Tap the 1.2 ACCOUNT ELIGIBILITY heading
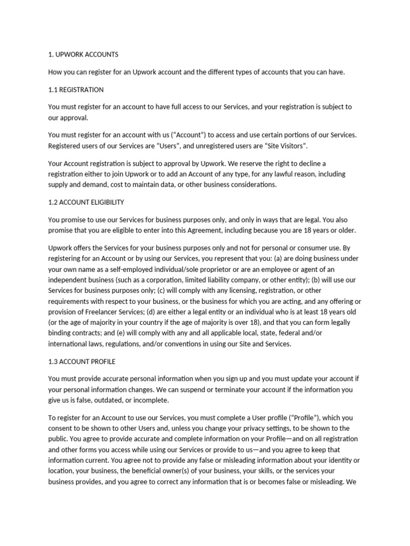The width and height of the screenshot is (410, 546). (86, 203)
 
